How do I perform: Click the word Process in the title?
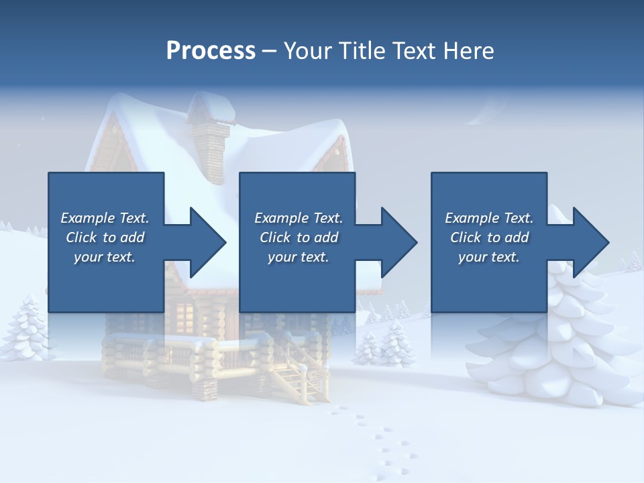211,51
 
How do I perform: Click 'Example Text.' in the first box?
105,218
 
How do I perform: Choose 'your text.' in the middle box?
298,257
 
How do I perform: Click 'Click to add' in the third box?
489,237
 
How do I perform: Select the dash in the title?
270,51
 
